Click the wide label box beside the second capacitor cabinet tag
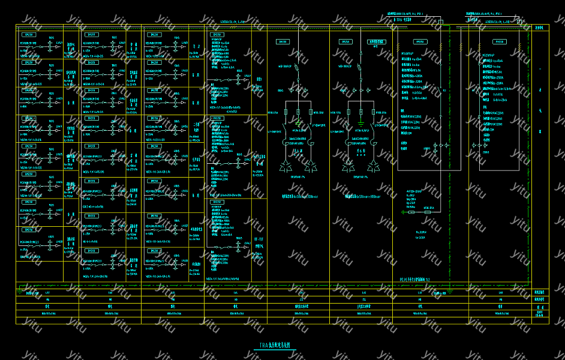pos(377,42)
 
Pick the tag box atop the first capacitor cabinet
pos(282,42)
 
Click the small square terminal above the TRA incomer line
pos(440,22)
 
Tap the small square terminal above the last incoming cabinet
pos(519,22)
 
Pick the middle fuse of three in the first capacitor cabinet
pos(298,112)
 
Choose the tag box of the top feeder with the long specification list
pos(217,35)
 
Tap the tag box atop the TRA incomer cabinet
pos(420,42)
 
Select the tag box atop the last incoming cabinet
pos(500,42)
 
